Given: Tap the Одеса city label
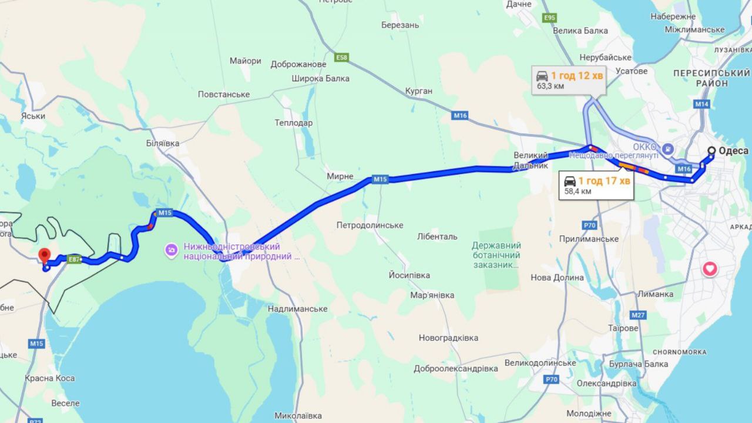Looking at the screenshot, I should click(x=733, y=151).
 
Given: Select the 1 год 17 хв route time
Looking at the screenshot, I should click(x=604, y=181).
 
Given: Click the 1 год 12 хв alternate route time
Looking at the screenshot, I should click(x=577, y=75).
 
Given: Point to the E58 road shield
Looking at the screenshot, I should click(x=341, y=57).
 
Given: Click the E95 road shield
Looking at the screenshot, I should click(x=549, y=18).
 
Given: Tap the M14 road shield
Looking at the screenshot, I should click(x=701, y=104).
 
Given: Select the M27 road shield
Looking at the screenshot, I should click(x=639, y=315).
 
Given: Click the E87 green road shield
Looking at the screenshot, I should click(x=73, y=259).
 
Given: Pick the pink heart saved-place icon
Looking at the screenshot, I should click(x=710, y=269).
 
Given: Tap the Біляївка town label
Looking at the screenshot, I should click(x=163, y=143).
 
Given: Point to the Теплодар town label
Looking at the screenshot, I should click(x=294, y=123).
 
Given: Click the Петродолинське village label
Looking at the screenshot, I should click(x=370, y=225).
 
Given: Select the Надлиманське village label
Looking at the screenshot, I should click(x=297, y=309).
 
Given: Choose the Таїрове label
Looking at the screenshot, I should click(x=623, y=328).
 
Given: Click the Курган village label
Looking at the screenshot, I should click(x=418, y=91).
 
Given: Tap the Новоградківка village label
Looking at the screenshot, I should click(x=448, y=338).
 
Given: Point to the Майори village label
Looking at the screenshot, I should click(x=246, y=61).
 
